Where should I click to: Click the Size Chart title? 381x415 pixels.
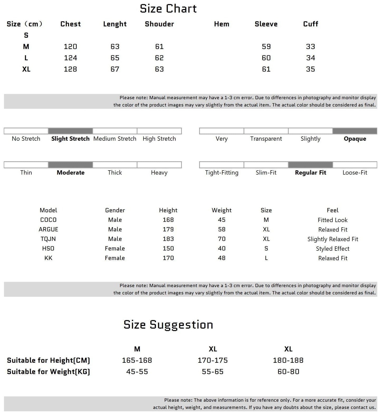coord(168,9)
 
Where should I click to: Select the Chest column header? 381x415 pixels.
coord(70,24)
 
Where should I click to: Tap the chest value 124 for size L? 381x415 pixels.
coord(70,58)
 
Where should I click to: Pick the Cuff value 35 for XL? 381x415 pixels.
coord(310,69)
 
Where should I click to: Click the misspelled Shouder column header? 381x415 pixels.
coord(159,24)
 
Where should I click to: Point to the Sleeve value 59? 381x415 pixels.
coord(266,47)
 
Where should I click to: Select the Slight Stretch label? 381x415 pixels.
coord(70,139)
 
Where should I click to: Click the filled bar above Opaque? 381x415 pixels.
coord(355,131)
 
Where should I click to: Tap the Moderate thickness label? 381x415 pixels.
coord(70,173)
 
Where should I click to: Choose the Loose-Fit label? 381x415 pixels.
coord(355,173)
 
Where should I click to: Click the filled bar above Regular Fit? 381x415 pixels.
coord(310,165)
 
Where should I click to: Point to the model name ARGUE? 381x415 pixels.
coord(48,229)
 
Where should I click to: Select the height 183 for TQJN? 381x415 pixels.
coord(168,239)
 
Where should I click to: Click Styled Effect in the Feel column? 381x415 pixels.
coord(332,249)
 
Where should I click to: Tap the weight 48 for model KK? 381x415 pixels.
coord(221,258)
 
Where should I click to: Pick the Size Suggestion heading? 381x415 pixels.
coord(168,325)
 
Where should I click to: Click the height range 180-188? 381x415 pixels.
coord(288,360)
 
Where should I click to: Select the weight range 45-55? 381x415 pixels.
coord(137,372)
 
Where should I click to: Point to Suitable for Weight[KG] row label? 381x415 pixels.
coord(49,372)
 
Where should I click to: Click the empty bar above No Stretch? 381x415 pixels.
coord(26,131)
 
